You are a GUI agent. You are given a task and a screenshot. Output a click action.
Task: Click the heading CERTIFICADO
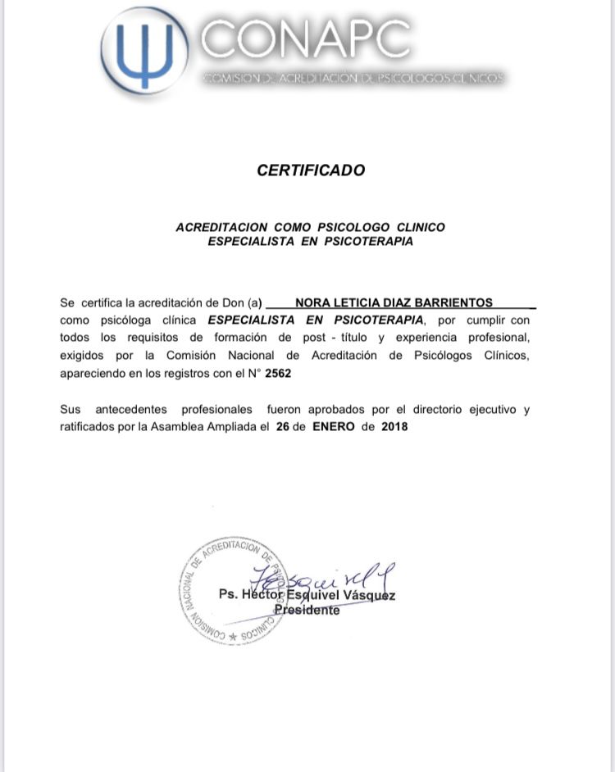point(311,170)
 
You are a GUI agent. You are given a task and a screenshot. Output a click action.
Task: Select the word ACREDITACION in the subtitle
point(221,227)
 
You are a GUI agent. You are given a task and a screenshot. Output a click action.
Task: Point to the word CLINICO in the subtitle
point(421,227)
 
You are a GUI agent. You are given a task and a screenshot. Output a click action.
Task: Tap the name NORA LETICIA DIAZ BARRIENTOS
point(394,302)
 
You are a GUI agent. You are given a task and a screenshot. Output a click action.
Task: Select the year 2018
point(394,427)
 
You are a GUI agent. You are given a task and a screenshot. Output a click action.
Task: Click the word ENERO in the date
point(334,427)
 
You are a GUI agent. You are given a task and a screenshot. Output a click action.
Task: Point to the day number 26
point(283,427)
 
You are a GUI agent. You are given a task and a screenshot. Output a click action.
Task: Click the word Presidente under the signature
point(307,611)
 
